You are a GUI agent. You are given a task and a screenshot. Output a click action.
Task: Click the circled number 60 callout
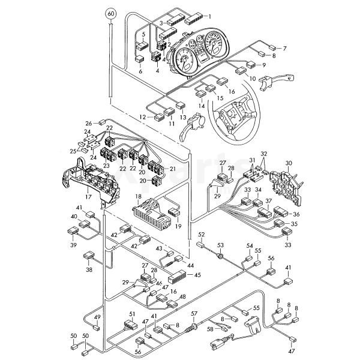click(111, 13)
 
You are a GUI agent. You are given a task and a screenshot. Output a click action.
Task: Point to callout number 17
click(89, 196)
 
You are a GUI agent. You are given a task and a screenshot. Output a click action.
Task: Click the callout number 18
click(137, 197)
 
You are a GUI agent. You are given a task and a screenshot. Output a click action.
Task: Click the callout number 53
click(220, 246)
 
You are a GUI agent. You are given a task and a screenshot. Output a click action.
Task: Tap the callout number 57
click(194, 313)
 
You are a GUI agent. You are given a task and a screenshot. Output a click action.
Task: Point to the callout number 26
click(88, 122)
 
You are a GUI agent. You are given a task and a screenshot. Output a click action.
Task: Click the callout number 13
click(182, 117)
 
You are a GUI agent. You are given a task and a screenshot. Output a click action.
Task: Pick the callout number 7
click(284, 48)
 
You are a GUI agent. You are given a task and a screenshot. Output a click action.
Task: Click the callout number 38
click(89, 270)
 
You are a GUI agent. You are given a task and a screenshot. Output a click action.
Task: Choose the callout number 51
click(133, 314)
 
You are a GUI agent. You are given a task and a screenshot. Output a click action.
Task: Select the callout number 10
click(253, 79)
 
